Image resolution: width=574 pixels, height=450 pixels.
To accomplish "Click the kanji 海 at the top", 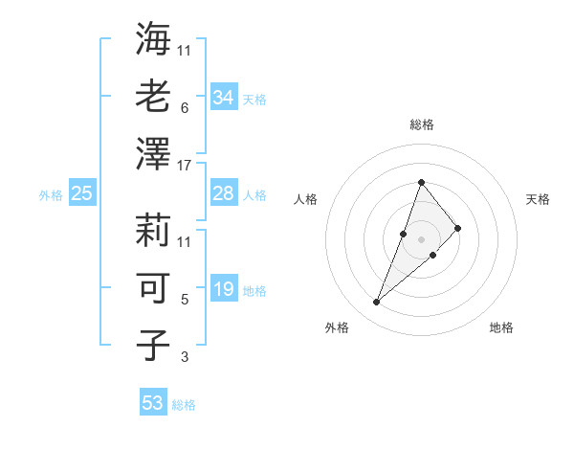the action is point(154,40).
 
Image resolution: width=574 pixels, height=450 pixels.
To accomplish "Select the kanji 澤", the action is point(154,153).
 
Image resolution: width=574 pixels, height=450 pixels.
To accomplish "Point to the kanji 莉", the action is point(154,230).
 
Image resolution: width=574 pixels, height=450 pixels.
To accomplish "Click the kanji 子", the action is point(154,345).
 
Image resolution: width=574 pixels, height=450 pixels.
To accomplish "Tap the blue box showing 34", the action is point(224,97).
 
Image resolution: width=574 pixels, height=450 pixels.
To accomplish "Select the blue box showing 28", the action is point(224,193).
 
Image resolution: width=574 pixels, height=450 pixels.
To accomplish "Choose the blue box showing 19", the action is point(224,289).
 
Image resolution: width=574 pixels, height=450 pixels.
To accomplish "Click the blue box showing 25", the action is point(82,193).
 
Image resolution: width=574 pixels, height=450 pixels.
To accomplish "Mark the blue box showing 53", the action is point(153,403).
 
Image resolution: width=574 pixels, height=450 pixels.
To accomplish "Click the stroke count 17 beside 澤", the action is point(185,166).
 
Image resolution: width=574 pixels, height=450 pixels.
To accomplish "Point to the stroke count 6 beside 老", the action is point(185,108).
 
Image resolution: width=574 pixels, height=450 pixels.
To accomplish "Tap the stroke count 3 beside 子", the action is point(185,357).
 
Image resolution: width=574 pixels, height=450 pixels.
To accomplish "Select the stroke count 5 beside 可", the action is point(185,300).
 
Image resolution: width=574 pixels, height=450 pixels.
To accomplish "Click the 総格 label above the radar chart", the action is point(422,124).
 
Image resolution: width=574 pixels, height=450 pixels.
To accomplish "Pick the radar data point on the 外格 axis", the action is point(376,303).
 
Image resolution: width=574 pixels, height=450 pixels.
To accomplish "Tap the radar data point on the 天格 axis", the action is point(458,228).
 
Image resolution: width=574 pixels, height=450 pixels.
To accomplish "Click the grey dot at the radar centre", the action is point(421,239).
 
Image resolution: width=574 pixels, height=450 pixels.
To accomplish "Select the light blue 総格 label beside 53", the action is point(184,405).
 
